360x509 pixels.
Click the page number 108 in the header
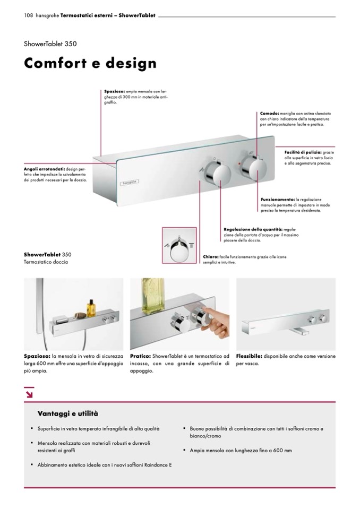tap(29, 15)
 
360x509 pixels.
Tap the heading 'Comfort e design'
tap(90, 64)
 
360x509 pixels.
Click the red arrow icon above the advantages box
tap(29, 393)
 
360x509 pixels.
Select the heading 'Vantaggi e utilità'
tap(68, 413)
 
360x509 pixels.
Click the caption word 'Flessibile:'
tap(250, 356)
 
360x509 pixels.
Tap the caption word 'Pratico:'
tap(140, 356)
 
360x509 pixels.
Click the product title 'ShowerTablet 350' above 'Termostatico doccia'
tap(47, 254)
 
